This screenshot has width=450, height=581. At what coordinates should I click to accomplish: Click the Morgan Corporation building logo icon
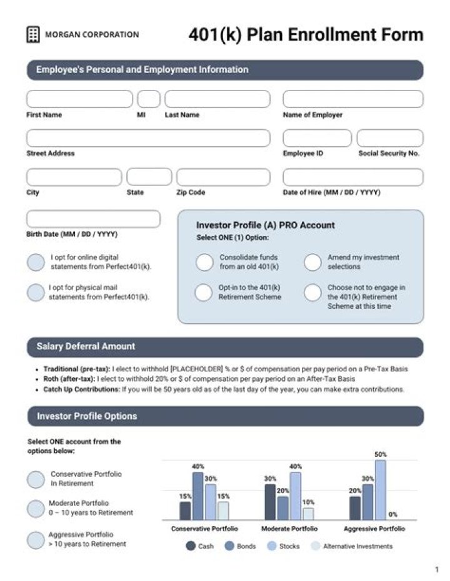(x=33, y=35)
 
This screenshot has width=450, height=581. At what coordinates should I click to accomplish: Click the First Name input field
(x=79, y=99)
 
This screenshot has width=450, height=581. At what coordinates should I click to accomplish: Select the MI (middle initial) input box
(x=149, y=99)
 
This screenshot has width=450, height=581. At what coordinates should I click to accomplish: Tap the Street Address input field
(x=148, y=138)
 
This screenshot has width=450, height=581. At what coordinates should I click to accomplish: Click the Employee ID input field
(x=317, y=138)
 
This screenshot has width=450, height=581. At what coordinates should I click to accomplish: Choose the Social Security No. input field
(x=389, y=138)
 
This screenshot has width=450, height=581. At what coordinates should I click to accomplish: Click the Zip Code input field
(x=222, y=177)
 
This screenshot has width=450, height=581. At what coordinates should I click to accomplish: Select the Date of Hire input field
(x=352, y=177)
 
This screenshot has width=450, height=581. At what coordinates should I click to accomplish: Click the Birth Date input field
(x=93, y=219)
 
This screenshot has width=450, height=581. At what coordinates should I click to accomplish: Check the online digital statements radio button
(x=36, y=262)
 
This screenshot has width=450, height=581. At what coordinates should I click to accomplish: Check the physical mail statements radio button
(x=36, y=292)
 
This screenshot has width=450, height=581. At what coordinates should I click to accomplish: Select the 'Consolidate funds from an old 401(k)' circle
(x=204, y=262)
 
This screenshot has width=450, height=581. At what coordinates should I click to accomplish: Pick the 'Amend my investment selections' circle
(x=312, y=262)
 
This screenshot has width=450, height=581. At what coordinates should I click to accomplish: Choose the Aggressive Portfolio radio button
(x=36, y=540)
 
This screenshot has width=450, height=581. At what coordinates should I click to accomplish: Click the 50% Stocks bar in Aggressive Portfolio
(x=380, y=490)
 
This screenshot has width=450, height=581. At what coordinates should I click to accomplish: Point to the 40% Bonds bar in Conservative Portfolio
(x=198, y=496)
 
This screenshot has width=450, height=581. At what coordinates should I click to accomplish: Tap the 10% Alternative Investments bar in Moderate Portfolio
(x=308, y=514)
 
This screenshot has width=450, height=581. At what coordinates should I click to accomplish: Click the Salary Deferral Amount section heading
(x=86, y=346)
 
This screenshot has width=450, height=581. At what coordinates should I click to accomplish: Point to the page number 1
(x=436, y=569)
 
